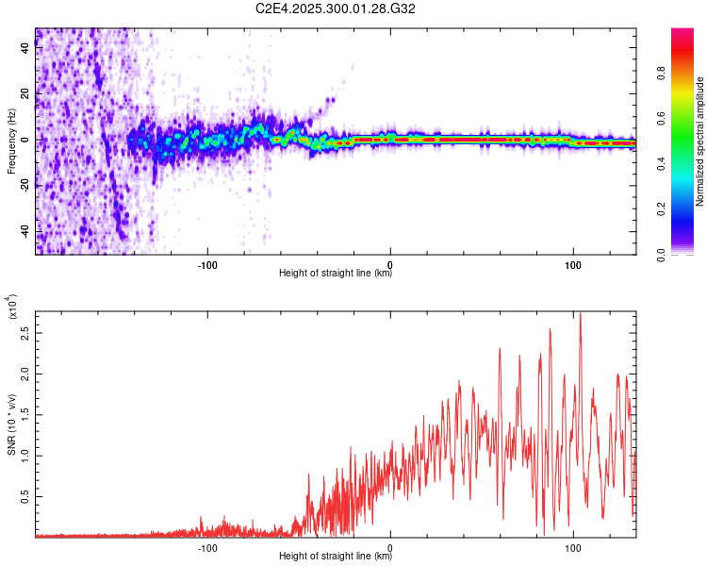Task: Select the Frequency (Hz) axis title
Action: click(x=11, y=141)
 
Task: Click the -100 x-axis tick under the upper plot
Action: click(x=208, y=262)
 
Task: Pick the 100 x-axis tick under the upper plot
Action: click(x=573, y=262)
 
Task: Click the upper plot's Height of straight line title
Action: click(x=336, y=274)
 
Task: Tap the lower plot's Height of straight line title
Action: click(x=336, y=557)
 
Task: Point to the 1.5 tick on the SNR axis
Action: click(x=25, y=414)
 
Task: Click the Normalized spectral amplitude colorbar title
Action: click(x=700, y=141)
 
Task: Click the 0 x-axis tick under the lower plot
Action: click(x=390, y=545)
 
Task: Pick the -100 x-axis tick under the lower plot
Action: click(x=208, y=545)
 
